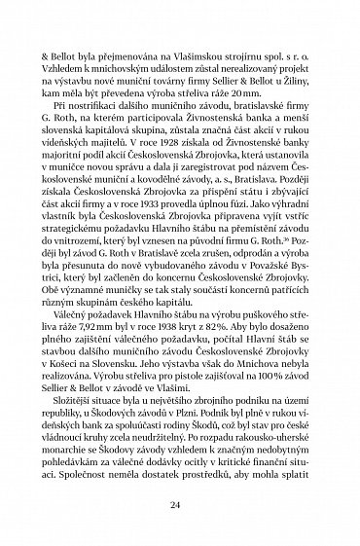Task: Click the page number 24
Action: point(180,506)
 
